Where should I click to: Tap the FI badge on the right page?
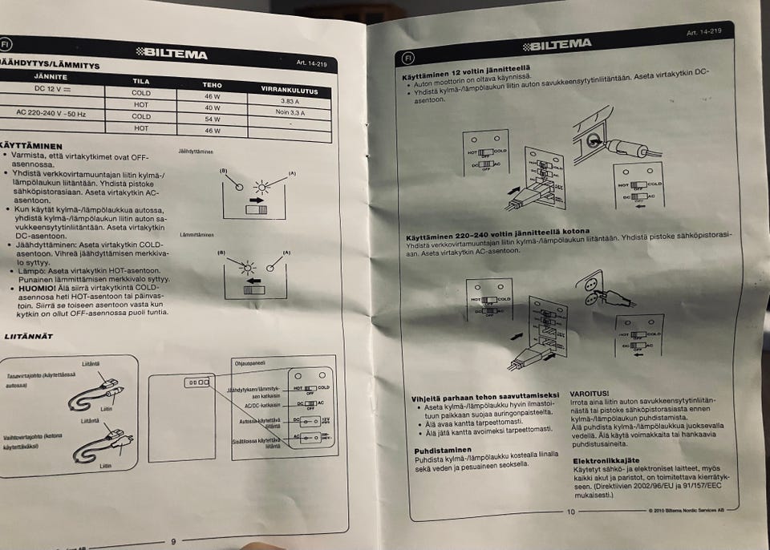click(407, 59)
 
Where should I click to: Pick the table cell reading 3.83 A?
click(290, 102)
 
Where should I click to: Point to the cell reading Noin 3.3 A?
click(290, 114)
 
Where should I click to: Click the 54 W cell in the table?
click(212, 118)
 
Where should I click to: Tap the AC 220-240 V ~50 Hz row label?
click(53, 113)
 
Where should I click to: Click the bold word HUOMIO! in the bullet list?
click(30, 286)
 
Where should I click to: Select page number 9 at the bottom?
click(173, 542)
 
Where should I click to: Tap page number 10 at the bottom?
click(571, 512)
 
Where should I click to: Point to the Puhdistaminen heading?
click(443, 451)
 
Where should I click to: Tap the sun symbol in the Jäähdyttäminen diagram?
click(258, 188)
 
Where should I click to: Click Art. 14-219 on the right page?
click(703, 33)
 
